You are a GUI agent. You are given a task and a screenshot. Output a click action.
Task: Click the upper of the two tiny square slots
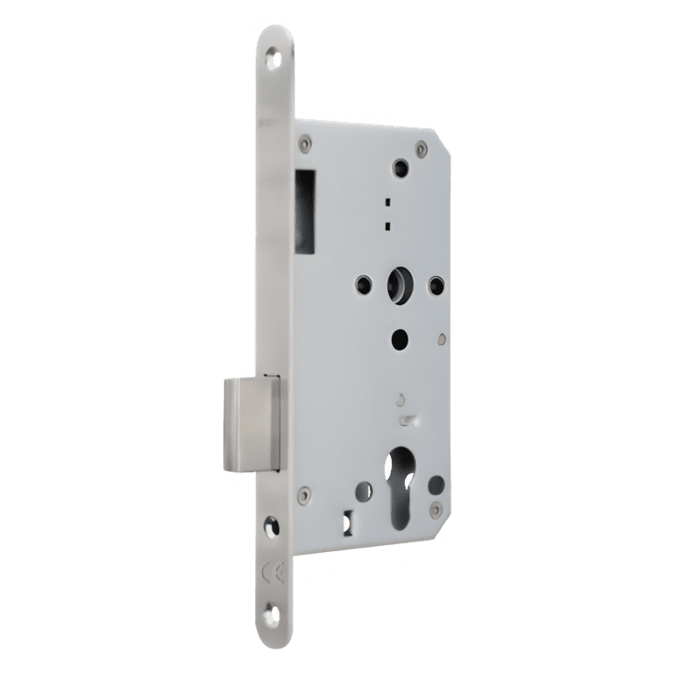click(386, 202)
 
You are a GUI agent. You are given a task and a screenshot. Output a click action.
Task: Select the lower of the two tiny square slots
click(386, 225)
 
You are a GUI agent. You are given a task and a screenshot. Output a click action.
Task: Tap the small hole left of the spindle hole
click(361, 283)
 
